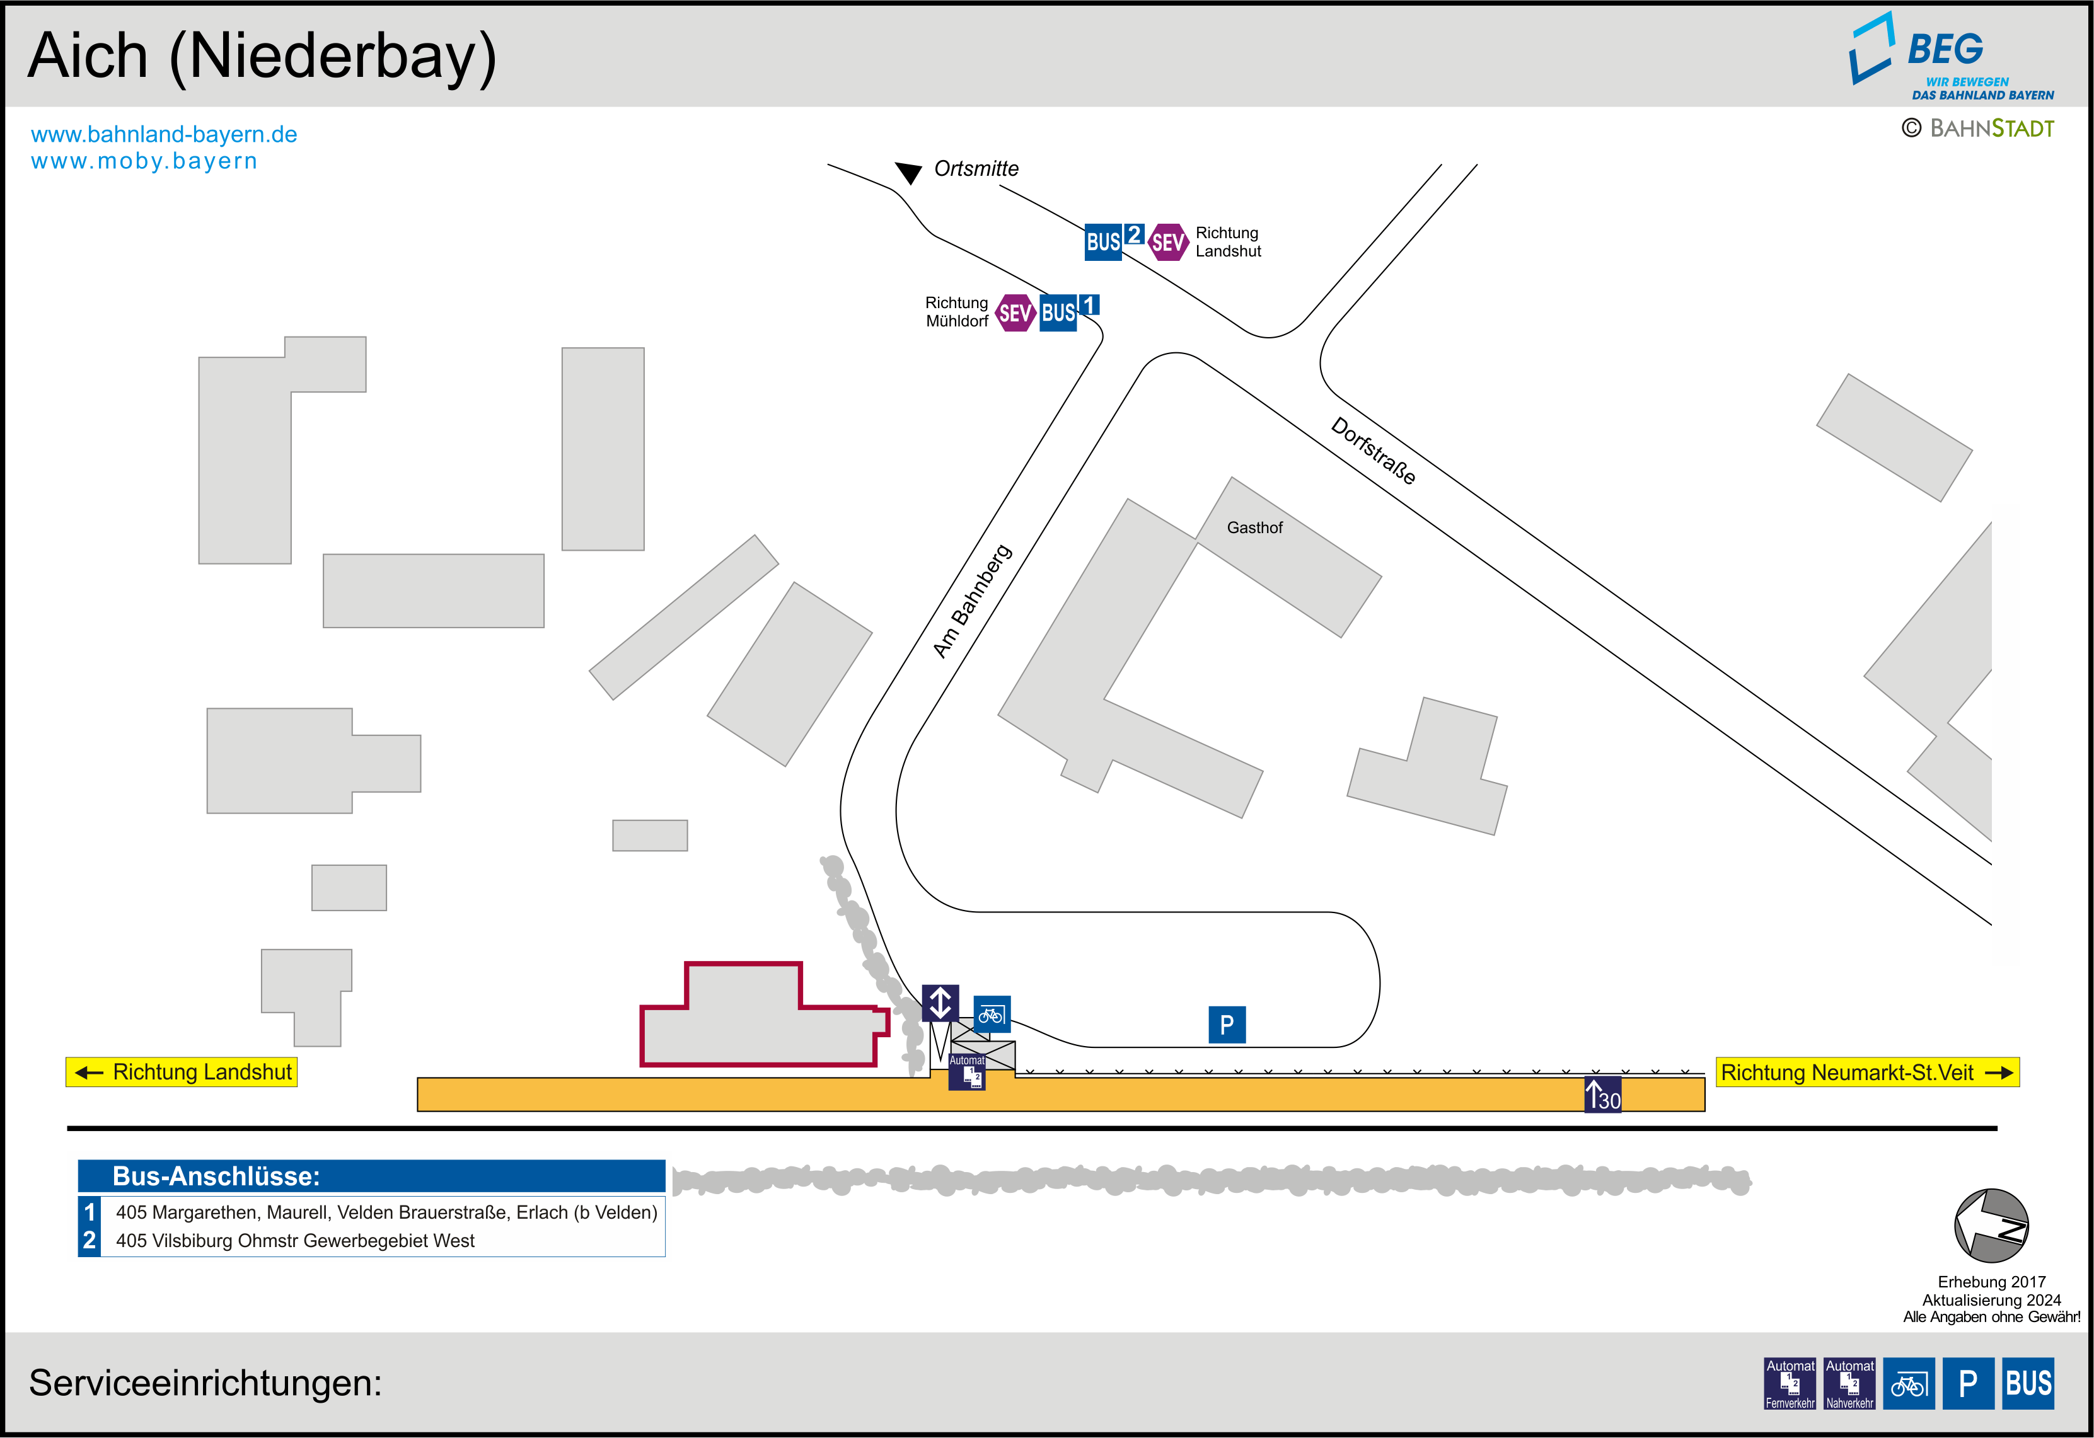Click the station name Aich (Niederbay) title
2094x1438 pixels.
[262, 56]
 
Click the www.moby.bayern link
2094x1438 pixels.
[144, 161]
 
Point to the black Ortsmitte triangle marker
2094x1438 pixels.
[908, 172]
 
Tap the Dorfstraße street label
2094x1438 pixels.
[1373, 451]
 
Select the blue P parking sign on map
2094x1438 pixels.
[1226, 1025]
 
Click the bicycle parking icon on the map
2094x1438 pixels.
[991, 1015]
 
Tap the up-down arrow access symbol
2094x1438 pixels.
[940, 1003]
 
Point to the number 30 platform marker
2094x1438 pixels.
[1603, 1095]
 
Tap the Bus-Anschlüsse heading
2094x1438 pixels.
[216, 1176]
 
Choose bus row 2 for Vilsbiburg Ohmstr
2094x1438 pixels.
[294, 1241]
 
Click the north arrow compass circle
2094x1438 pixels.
[1991, 1226]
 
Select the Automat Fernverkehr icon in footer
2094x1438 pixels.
[1790, 1383]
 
